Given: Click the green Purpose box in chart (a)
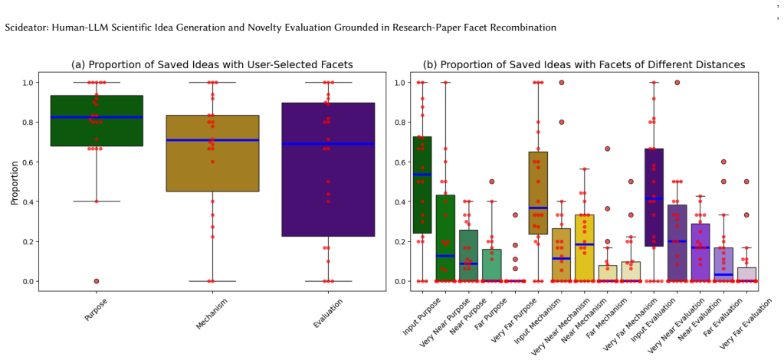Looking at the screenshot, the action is pyautogui.click(x=97, y=120).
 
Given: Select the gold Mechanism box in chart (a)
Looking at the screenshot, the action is pyautogui.click(x=212, y=153).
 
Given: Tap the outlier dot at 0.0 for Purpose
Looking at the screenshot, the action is pyautogui.click(x=97, y=281).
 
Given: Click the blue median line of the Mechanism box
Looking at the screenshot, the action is pyautogui.click(x=212, y=140).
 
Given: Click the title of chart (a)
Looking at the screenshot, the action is pyautogui.click(x=212, y=64).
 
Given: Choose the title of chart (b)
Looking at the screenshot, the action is pyautogui.click(x=584, y=64).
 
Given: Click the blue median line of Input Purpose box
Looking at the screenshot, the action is pyautogui.click(x=422, y=175).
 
